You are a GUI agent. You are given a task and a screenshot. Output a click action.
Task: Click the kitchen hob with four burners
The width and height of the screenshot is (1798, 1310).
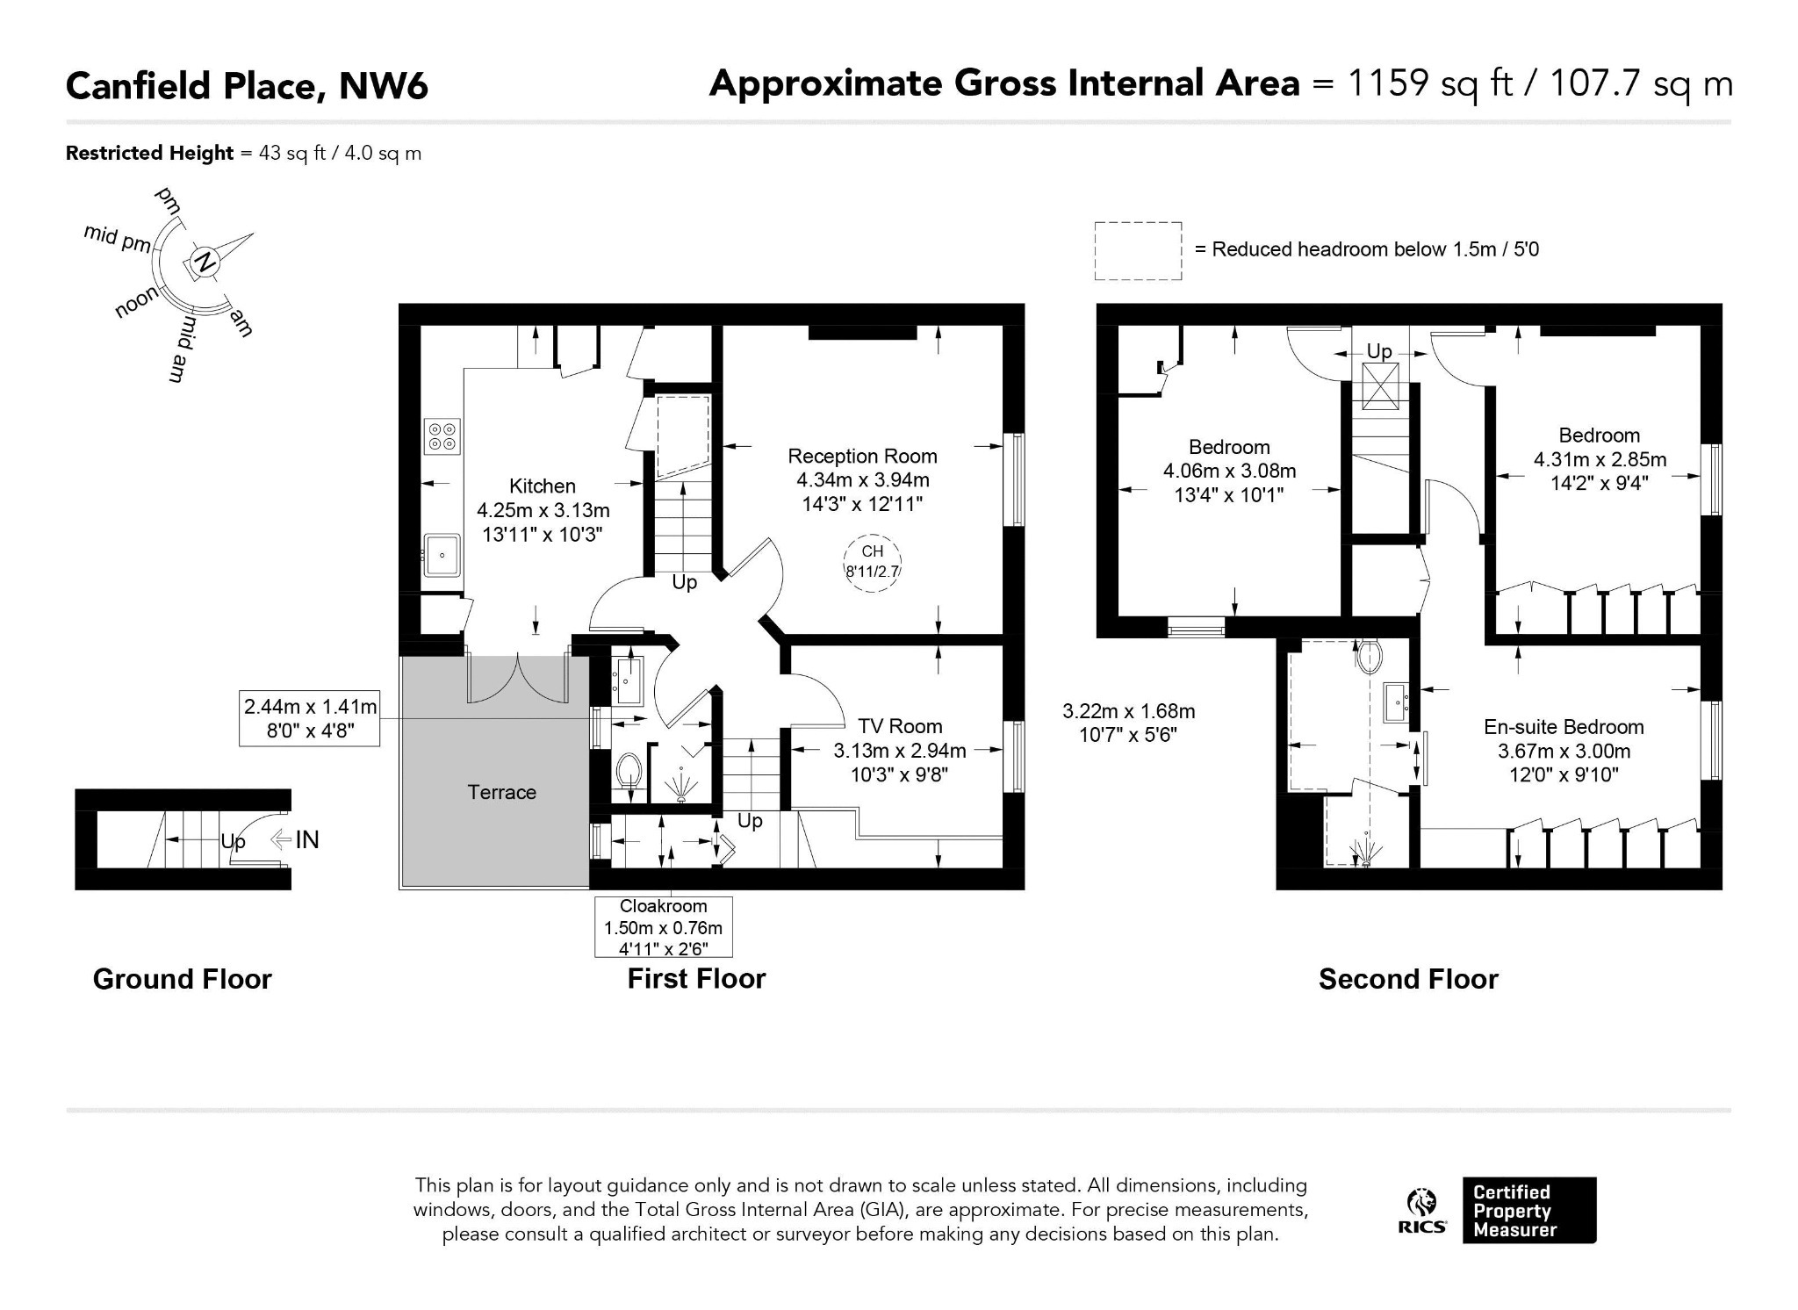point(442,436)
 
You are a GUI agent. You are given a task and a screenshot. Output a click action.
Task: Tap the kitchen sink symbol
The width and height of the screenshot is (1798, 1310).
point(442,555)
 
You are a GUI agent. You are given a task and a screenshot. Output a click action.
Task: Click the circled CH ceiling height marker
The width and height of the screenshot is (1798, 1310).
point(872,562)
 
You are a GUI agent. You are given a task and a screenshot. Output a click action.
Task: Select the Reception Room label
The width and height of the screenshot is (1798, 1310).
point(862,457)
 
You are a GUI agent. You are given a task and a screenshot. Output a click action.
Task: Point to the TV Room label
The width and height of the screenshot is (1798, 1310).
point(900,726)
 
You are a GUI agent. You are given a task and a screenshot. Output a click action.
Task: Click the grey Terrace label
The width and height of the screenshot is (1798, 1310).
point(501,792)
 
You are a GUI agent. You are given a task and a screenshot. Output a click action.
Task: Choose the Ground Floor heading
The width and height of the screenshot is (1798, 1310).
point(183,979)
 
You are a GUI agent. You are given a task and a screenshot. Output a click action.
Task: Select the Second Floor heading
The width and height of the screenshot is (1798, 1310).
point(1408,979)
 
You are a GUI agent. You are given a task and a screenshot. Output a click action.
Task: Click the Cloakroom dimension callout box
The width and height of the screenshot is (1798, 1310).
point(663,926)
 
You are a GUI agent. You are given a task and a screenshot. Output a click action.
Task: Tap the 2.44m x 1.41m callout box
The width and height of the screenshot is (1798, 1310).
point(310,718)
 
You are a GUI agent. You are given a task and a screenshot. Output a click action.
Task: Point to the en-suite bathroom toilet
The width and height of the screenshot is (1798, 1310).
point(1369,655)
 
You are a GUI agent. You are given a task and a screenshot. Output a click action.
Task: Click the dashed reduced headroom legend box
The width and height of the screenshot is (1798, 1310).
point(1138,251)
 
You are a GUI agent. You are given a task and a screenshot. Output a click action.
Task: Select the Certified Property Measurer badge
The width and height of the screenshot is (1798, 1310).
point(1529,1210)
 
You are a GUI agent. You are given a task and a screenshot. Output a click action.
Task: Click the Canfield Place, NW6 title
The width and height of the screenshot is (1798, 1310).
point(248,86)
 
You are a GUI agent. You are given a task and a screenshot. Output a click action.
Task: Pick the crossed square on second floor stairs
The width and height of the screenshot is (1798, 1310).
point(1380,386)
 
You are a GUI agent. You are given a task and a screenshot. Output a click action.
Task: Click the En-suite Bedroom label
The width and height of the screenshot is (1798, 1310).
point(1564,727)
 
